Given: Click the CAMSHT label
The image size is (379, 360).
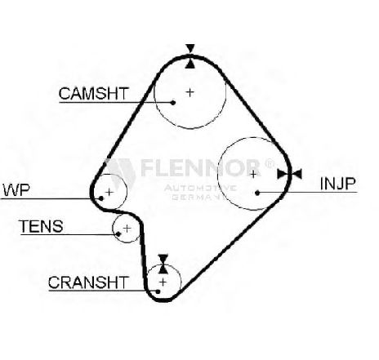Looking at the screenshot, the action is (93, 93).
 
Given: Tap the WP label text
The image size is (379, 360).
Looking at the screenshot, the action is (16, 190).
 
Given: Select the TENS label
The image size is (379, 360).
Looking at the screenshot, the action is (41, 226).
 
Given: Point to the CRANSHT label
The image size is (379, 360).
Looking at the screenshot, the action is (88, 282).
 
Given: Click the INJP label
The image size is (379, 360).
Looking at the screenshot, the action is (337, 184).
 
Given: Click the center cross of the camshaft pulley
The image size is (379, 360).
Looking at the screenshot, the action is (190, 92).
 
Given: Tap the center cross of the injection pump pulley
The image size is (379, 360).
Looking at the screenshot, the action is (253, 174).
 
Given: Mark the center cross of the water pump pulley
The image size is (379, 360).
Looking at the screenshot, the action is (109, 192).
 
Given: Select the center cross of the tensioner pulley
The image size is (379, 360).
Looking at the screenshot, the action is (127, 228).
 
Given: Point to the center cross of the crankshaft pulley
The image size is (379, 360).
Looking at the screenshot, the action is (163, 282).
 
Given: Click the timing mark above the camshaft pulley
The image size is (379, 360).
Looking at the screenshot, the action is (190, 56).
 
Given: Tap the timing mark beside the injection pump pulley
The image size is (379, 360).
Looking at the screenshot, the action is (289, 174).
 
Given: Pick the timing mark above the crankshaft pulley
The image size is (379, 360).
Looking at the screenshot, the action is (163, 264).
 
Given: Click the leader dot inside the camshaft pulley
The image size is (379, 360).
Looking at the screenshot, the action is (173, 102).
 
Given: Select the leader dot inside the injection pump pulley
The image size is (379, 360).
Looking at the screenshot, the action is (257, 193).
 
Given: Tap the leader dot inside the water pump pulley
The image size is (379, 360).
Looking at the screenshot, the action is (101, 198).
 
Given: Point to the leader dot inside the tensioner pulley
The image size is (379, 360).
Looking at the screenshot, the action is (118, 234).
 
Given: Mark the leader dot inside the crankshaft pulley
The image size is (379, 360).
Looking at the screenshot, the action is (158, 291).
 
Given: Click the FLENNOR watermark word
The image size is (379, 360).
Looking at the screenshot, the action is (200, 167).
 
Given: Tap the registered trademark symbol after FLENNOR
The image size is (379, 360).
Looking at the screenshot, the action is (269, 163).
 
